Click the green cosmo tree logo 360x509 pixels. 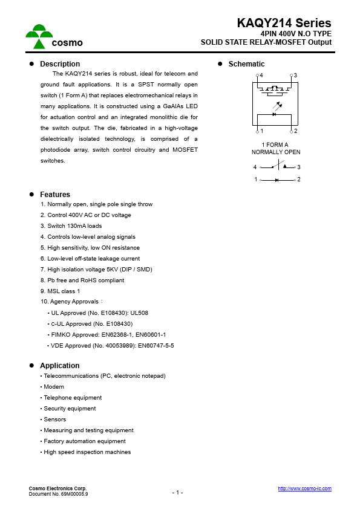point(39,36)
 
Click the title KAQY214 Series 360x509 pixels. point(284,24)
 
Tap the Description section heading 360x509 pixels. point(60,64)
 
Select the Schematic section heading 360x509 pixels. point(246,64)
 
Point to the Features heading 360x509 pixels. point(55,195)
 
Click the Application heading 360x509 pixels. point(59,366)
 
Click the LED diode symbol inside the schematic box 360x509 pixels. point(275,114)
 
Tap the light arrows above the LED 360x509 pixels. point(278,105)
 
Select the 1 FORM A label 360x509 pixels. point(275,145)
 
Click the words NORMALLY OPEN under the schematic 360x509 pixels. point(276,152)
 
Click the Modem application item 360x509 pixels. point(54,387)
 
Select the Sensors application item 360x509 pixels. point(55,420)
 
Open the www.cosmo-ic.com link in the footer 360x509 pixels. point(304,488)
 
